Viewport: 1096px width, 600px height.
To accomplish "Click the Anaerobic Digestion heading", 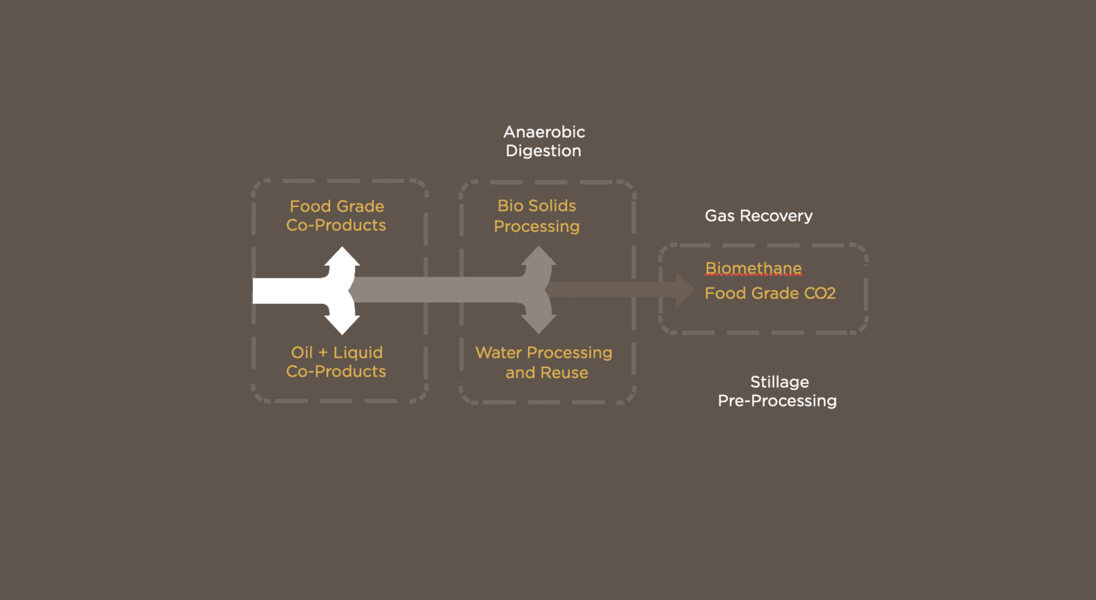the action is click(x=544, y=141).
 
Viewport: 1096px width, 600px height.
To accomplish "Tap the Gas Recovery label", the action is click(x=758, y=215).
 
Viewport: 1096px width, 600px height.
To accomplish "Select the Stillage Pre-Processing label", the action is click(x=777, y=392).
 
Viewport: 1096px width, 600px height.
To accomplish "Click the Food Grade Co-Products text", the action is click(x=336, y=215).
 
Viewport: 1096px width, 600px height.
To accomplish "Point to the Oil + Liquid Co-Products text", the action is click(x=336, y=361).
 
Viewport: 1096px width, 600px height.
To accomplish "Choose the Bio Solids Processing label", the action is click(x=537, y=216).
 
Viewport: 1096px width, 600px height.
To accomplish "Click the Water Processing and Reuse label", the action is click(x=544, y=363).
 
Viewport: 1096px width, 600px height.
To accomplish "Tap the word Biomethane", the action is click(x=754, y=268).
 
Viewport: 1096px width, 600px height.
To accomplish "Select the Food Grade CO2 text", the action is click(x=770, y=293).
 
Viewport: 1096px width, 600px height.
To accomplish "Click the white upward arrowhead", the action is click(x=342, y=256).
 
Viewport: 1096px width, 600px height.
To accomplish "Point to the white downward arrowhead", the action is click(x=342, y=325).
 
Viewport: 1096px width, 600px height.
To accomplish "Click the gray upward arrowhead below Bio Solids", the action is click(x=538, y=256).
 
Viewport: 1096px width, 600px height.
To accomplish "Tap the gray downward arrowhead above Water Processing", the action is click(x=538, y=324).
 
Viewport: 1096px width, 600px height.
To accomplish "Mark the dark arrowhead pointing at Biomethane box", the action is click(x=685, y=290).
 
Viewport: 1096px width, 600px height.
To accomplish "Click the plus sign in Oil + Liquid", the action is click(x=323, y=352).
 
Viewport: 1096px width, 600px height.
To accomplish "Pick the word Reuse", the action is click(x=564, y=373).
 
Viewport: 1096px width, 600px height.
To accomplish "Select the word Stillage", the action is click(x=780, y=382).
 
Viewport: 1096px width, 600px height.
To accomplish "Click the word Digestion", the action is click(x=544, y=151).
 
